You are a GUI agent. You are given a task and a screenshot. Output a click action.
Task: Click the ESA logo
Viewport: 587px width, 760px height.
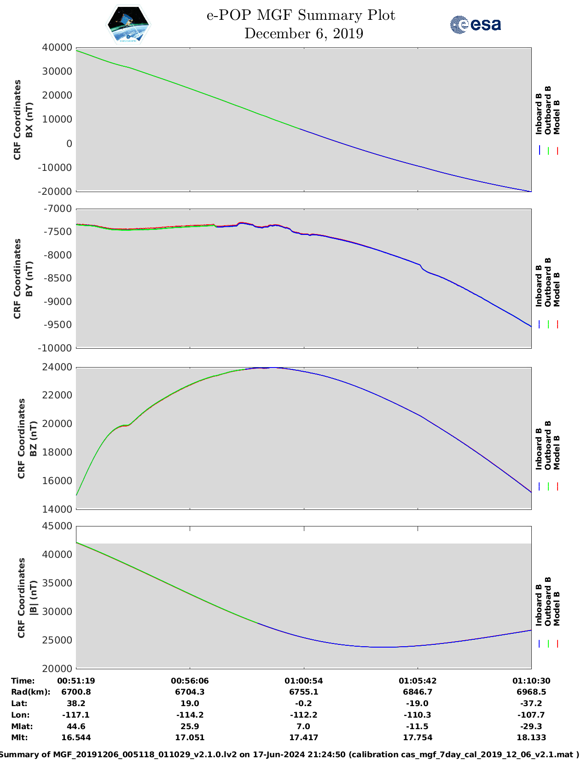pyautogui.click(x=475, y=24)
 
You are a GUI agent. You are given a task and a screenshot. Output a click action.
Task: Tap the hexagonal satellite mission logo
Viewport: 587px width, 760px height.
pyautogui.click(x=128, y=25)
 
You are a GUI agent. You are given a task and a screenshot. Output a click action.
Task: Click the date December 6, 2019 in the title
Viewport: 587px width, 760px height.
pyautogui.click(x=303, y=34)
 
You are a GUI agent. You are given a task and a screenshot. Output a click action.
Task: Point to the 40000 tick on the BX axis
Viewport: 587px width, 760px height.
pyautogui.click(x=57, y=47)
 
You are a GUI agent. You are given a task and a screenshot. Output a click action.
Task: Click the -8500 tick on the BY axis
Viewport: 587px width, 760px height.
pyautogui.click(x=58, y=278)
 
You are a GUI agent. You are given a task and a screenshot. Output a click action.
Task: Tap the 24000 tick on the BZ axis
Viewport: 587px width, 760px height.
pyautogui.click(x=57, y=367)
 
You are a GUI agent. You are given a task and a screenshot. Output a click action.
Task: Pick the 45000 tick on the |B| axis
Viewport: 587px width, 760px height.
pyautogui.click(x=57, y=526)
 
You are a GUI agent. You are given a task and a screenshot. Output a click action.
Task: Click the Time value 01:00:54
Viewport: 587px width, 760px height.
pyautogui.click(x=303, y=681)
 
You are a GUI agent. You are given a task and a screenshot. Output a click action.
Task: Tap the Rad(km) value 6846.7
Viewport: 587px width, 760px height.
pyautogui.click(x=418, y=692)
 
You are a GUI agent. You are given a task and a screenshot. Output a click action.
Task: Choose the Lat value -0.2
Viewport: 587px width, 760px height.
pyautogui.click(x=303, y=703)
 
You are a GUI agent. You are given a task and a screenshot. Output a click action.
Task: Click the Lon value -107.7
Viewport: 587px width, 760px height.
pyautogui.click(x=531, y=715)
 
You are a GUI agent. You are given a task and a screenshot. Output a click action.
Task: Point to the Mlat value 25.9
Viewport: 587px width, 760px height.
pyautogui.click(x=190, y=726)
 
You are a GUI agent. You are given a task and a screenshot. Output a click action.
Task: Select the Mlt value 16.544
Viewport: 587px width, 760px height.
pyautogui.click(x=76, y=737)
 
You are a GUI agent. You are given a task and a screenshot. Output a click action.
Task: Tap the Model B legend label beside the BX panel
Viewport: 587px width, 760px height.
pyautogui.click(x=557, y=117)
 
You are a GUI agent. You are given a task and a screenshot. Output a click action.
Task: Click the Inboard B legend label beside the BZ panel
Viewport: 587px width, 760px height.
pyautogui.click(x=539, y=449)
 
